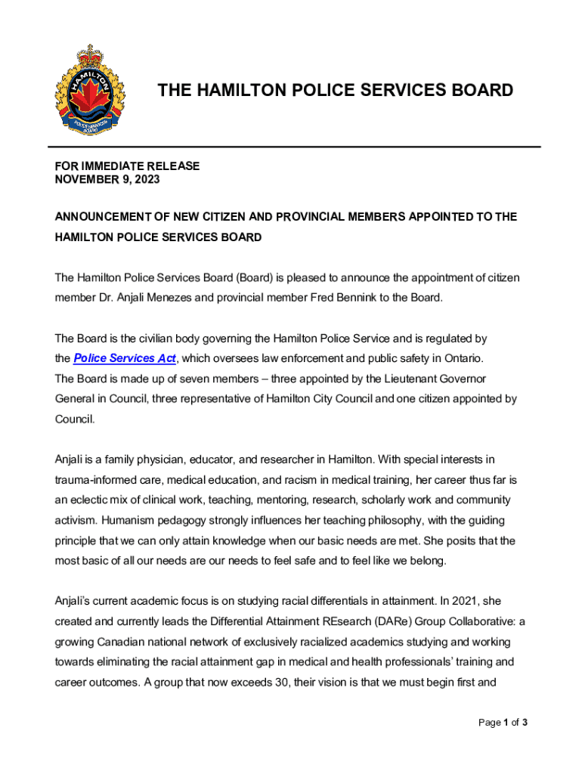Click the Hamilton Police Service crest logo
tap(88, 89)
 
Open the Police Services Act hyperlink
tap(125, 358)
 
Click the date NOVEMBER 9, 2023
tap(107, 180)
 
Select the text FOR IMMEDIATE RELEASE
tap(127, 166)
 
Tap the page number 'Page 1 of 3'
tap(503, 723)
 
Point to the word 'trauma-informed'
tap(92, 479)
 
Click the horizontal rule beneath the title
tap(295, 147)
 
